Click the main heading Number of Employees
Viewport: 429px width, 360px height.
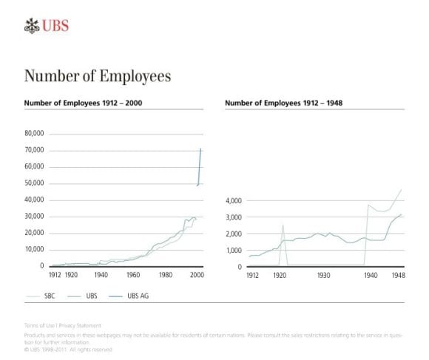pyautogui.click(x=98, y=76)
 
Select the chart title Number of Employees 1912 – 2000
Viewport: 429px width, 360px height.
pyautogui.click(x=83, y=103)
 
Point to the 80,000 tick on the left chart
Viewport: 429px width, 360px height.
pyautogui.click(x=34, y=134)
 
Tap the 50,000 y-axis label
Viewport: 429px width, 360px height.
pyautogui.click(x=34, y=183)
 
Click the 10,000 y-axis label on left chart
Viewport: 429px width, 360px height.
pyautogui.click(x=34, y=249)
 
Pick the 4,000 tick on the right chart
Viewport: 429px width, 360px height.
pyautogui.click(x=234, y=200)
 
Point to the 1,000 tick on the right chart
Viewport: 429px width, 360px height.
pyautogui.click(x=234, y=251)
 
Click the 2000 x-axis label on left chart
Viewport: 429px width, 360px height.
pyautogui.click(x=197, y=274)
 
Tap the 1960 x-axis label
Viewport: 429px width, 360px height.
pyautogui.click(x=133, y=274)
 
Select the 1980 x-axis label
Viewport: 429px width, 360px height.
pyautogui.click(x=166, y=274)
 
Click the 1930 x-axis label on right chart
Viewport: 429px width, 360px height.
pyautogui.click(x=323, y=274)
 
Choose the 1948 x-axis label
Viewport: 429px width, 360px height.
pyautogui.click(x=397, y=274)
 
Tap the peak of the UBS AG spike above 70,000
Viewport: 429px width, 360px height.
pyautogui.click(x=200, y=149)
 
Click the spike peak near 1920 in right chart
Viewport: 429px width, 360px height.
pyautogui.click(x=283, y=225)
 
